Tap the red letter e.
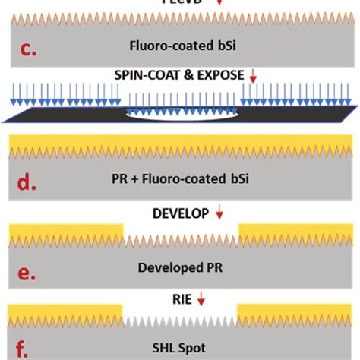click(27, 272)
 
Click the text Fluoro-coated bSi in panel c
click(179, 44)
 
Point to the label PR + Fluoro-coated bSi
click(179, 179)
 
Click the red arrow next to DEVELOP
click(219, 214)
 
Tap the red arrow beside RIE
click(201, 299)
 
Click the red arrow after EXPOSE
click(254, 77)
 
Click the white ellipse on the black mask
click(180, 117)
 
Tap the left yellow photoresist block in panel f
click(65, 311)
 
